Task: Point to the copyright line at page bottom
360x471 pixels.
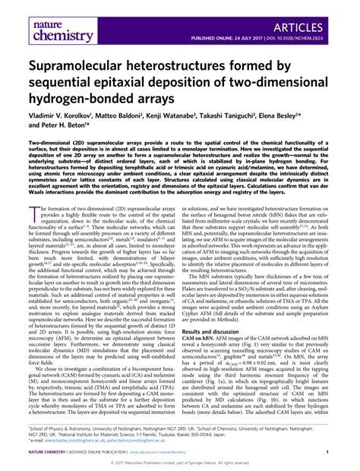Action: [x=179, y=461]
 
